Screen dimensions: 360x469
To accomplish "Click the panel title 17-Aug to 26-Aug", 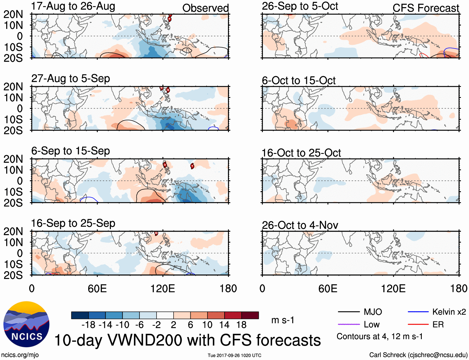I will pos(73,6).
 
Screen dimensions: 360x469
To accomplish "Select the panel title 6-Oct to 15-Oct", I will pos(298,81).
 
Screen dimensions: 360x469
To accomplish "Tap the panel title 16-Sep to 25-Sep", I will pos(73,223).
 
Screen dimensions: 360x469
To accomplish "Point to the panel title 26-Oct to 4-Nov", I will pos(300,225).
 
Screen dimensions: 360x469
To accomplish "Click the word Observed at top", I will pos(205,8).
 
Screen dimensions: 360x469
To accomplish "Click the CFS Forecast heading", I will pos(426,8).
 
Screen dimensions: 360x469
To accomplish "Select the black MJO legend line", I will pos(348,312).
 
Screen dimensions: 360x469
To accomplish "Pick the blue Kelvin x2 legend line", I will pos(418,312).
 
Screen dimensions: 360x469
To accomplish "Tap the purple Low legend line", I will pos(348,325).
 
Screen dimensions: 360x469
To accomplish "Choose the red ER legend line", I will pos(418,325).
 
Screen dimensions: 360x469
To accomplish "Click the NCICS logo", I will pos(26,324).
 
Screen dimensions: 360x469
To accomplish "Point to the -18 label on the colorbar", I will pos(88,325).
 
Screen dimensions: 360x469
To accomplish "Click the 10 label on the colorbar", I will pos(207,325).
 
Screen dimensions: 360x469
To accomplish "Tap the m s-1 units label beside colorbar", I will pos(283,320).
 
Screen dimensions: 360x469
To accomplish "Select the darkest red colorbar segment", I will pos(250,315).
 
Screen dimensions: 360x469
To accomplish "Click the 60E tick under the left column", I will pos(97,288).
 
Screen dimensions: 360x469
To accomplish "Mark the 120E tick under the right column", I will pos(393,288).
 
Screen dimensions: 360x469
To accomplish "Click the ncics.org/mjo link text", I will pos(20,355).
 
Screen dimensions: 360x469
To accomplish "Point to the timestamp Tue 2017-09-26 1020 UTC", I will pos(234,355).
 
